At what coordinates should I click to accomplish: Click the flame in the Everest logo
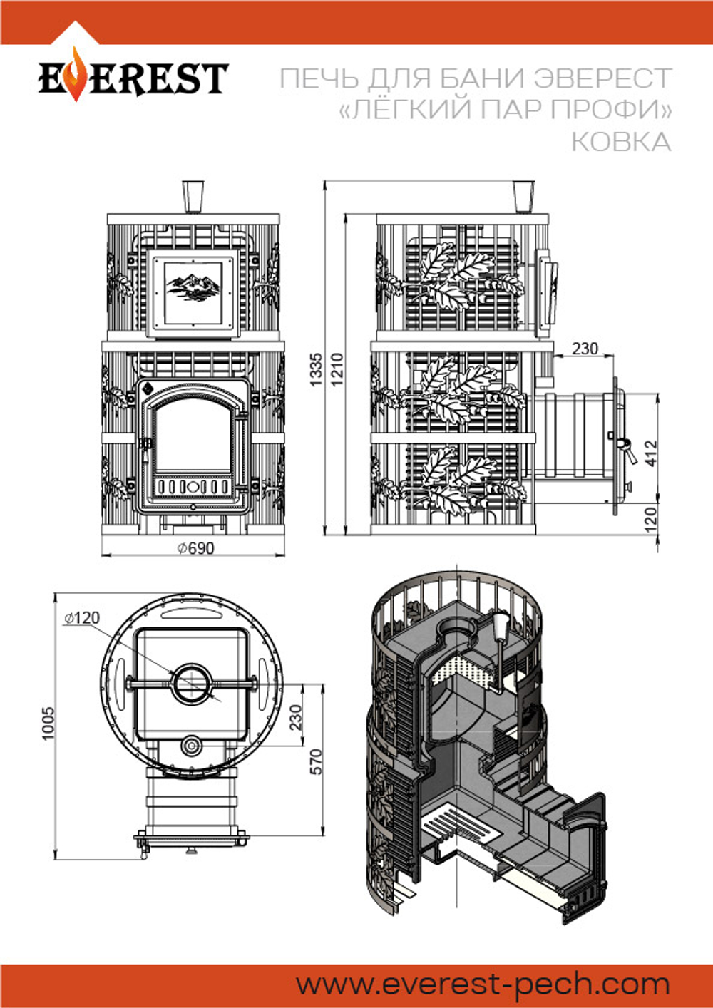click(x=76, y=75)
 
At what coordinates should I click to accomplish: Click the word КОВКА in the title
click(x=621, y=142)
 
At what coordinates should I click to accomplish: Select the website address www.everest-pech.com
click(x=483, y=984)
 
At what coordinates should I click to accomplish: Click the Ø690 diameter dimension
click(x=195, y=548)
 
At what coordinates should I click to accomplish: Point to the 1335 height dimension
click(x=317, y=369)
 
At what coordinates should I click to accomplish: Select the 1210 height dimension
click(x=337, y=369)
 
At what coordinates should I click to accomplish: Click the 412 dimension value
click(x=651, y=453)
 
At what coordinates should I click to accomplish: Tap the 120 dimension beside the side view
click(x=651, y=520)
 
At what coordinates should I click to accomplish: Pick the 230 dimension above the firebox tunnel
click(x=585, y=349)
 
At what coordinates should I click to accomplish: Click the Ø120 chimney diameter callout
click(x=82, y=618)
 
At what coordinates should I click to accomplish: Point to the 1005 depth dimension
click(x=47, y=723)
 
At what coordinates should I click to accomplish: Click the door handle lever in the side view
click(x=630, y=451)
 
